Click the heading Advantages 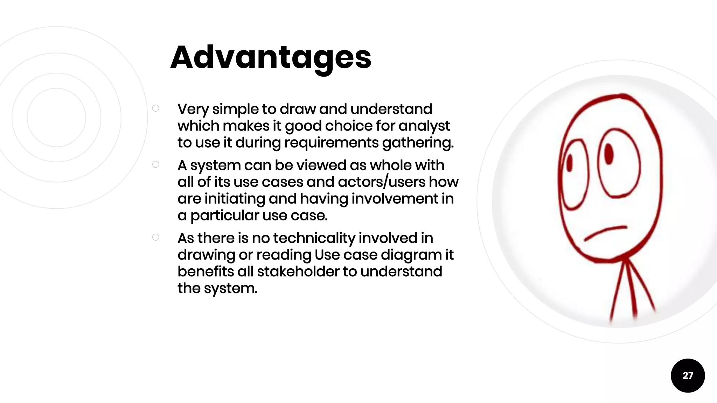pyautogui.click(x=271, y=57)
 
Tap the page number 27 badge pyautogui.click(x=688, y=375)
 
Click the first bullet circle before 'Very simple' pyautogui.click(x=156, y=108)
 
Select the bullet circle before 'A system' pyautogui.click(x=156, y=164)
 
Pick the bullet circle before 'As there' pyautogui.click(x=156, y=238)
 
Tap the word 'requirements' pyautogui.click(x=331, y=143)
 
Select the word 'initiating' pyautogui.click(x=235, y=199)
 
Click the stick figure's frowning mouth pyautogui.click(x=605, y=233)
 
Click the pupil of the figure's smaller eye pyautogui.click(x=569, y=163)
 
